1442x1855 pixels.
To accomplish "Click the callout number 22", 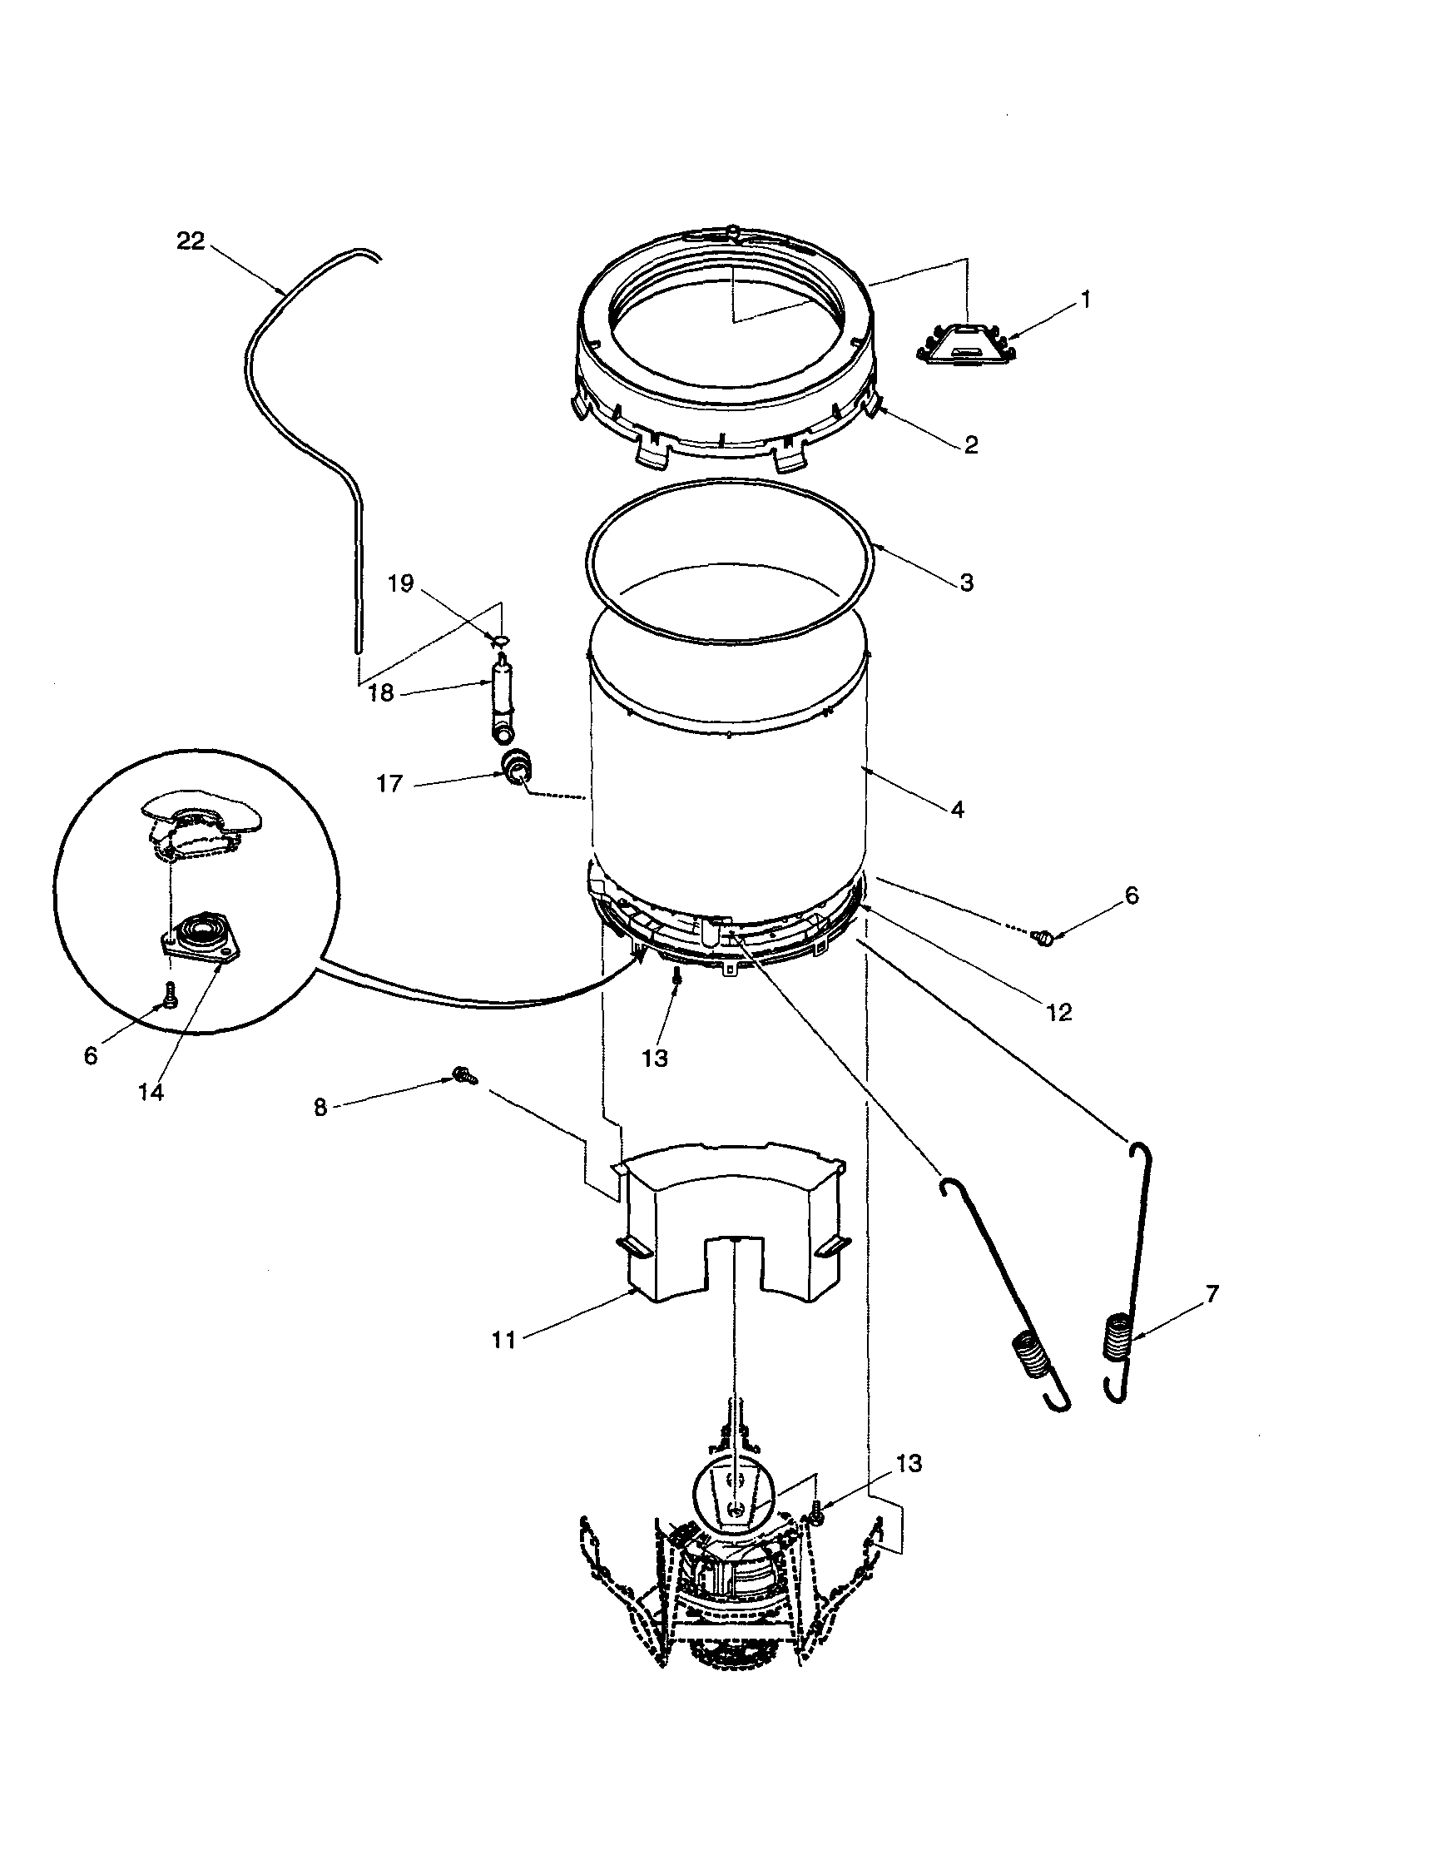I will point(191,242).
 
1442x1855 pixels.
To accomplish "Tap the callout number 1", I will point(1084,300).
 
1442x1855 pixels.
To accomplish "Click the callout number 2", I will point(971,445).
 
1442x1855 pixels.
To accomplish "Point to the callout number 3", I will point(966,583).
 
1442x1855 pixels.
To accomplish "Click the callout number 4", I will point(957,810).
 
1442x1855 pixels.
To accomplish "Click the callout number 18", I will point(381,693).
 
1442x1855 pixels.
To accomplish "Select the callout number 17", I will point(389,783).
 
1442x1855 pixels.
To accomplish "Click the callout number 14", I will point(151,1092).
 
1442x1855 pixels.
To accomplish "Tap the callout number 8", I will point(320,1108).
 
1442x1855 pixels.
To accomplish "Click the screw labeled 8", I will point(465,1075).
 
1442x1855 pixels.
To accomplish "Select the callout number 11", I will point(503,1341).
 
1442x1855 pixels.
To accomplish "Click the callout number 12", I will point(1059,1012).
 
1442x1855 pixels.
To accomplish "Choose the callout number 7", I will point(1212,1293).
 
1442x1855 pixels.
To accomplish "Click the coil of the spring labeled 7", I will point(1117,1336).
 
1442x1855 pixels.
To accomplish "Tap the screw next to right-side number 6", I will point(1044,938).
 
